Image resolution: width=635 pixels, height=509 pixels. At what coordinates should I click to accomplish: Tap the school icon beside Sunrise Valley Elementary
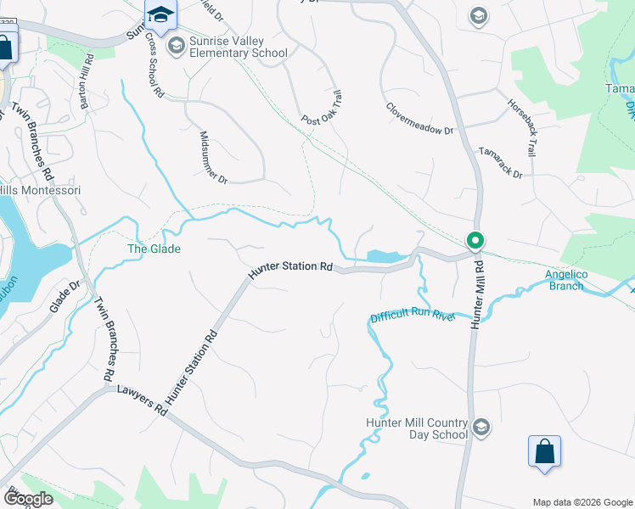click(x=177, y=44)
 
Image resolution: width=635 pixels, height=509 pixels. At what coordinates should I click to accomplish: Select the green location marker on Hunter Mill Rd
click(x=475, y=241)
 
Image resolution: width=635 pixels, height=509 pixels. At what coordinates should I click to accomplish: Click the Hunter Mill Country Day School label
click(x=417, y=428)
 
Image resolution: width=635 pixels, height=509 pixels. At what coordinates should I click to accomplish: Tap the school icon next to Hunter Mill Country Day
click(x=481, y=426)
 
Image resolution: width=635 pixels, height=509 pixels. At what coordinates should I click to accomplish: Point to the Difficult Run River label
click(x=413, y=316)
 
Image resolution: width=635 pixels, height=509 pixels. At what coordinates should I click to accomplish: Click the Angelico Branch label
click(x=564, y=280)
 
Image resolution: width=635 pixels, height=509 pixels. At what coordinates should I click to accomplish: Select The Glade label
click(x=154, y=249)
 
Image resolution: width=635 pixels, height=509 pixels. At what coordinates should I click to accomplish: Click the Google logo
click(x=28, y=499)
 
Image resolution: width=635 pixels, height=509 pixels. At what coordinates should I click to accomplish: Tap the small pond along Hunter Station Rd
click(x=387, y=255)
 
